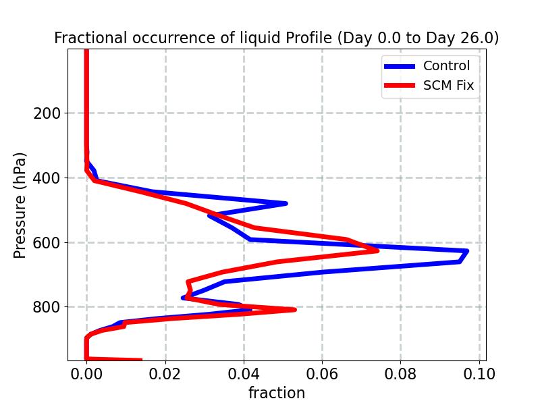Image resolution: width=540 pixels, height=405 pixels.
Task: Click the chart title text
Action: (x=277, y=38)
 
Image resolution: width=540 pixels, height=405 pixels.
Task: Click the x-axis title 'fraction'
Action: (x=277, y=393)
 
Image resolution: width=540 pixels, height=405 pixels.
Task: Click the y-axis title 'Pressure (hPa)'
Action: (x=20, y=205)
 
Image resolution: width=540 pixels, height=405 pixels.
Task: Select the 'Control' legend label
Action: (x=446, y=65)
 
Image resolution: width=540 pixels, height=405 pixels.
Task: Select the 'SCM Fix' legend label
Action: (x=448, y=86)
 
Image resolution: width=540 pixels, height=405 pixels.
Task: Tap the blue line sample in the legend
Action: (x=399, y=65)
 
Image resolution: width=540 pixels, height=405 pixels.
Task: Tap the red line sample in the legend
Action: (x=399, y=86)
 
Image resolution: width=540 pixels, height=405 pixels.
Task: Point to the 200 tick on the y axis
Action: (x=47, y=113)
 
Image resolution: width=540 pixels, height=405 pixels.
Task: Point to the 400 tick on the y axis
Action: (x=47, y=178)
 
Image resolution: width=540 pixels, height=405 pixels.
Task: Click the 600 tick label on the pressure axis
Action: (x=47, y=243)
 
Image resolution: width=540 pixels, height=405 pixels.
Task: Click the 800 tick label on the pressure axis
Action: (x=47, y=307)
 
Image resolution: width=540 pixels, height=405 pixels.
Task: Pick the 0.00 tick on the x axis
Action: (x=86, y=373)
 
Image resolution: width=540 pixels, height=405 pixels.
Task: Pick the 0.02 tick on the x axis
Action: (x=165, y=373)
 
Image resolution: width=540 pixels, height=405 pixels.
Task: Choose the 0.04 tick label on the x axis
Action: (x=244, y=373)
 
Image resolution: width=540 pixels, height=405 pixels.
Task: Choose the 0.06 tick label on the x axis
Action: (x=322, y=373)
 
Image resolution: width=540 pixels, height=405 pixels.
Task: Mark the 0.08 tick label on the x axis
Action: (x=401, y=373)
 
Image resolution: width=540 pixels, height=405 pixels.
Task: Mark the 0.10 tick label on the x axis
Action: (x=479, y=373)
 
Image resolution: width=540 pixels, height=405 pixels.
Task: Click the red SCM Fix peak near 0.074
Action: (x=377, y=250)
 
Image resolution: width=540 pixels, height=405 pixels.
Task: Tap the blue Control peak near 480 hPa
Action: (x=286, y=203)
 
